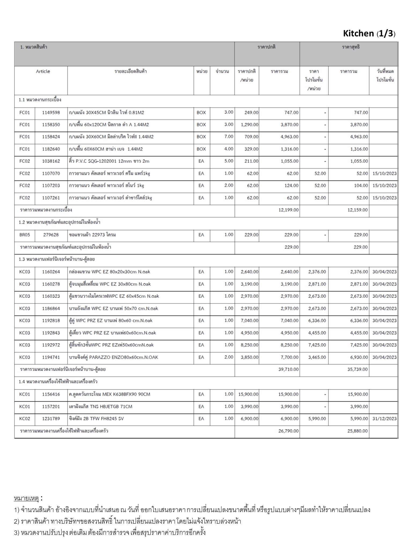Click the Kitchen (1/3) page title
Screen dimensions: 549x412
click(369, 34)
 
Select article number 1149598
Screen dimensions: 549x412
click(51, 113)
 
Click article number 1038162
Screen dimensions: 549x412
click(51, 161)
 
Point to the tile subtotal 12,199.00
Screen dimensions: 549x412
click(288, 210)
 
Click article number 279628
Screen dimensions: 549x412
click(51, 235)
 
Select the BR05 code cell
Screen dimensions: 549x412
click(25, 235)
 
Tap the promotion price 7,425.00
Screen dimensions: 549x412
click(317, 345)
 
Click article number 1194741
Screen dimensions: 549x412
click(51, 357)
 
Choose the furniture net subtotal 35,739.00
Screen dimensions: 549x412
click(358, 369)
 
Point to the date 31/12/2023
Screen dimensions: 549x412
click(384, 419)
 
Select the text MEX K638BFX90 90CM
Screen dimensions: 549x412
click(126, 394)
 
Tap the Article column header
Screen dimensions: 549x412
click(43, 72)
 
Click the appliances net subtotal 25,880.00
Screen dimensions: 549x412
click(358, 431)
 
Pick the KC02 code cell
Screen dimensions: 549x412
click(25, 419)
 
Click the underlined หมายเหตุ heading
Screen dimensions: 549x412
click(26, 499)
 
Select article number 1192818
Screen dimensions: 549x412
click(51, 321)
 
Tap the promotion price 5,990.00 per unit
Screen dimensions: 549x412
click(317, 419)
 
